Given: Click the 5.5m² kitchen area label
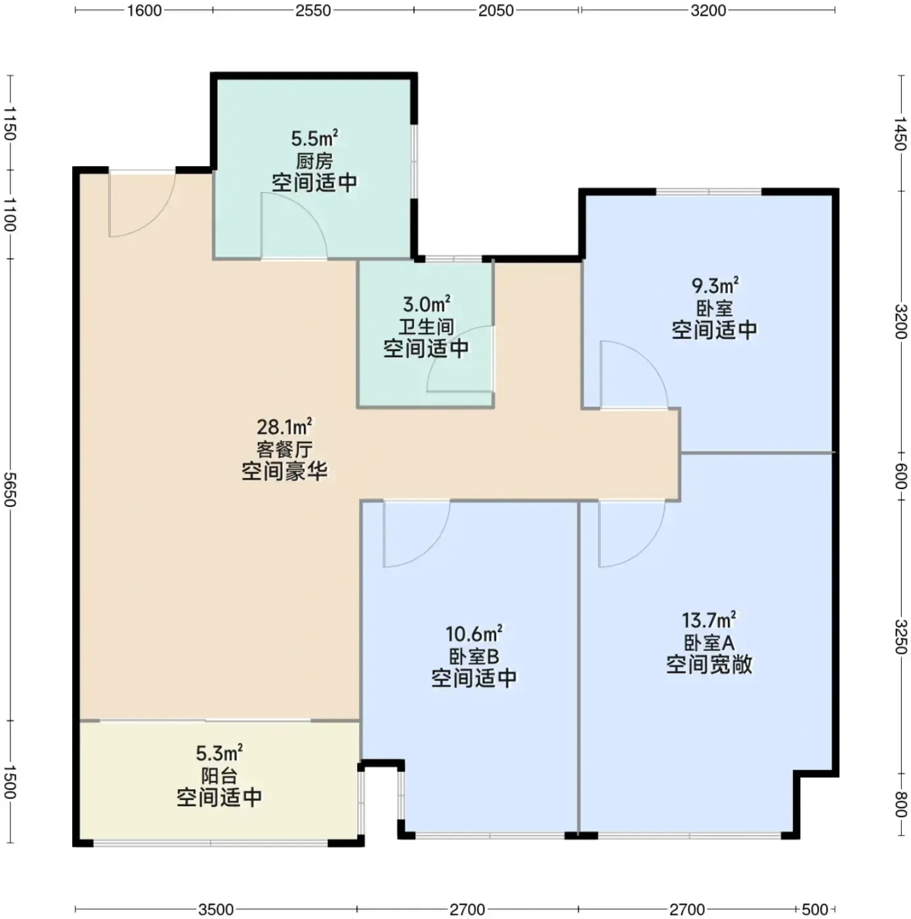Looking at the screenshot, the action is point(314,139).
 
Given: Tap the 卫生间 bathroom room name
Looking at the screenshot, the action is point(426,327).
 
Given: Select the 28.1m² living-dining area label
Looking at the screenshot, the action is point(284,427).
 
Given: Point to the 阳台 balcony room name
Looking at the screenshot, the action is point(219,776).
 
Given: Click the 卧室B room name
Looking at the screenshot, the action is point(474,656).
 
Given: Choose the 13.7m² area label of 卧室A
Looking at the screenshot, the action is point(708,620).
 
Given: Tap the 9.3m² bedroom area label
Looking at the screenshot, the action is point(715,286).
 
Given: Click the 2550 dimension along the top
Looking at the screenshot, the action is point(313,11).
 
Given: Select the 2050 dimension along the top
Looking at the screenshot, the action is point(496,11).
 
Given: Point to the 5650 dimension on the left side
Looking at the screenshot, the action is point(10,490).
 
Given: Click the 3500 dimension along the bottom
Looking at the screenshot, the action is point(216,909).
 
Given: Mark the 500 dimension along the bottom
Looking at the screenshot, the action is point(815,909).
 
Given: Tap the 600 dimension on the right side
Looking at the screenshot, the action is point(900,477).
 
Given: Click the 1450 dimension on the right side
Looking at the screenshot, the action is point(900,133).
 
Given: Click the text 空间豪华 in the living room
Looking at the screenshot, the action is point(284,472).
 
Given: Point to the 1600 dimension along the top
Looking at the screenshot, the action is point(144,11).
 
